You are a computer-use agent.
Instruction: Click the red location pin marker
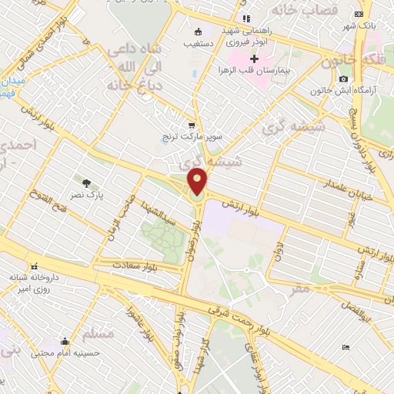198,181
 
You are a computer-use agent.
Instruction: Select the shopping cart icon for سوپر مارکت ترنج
192,125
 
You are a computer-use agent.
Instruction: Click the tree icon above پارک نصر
86,183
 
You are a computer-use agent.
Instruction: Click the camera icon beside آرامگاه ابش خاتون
343,79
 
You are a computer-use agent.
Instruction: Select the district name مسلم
102,334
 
